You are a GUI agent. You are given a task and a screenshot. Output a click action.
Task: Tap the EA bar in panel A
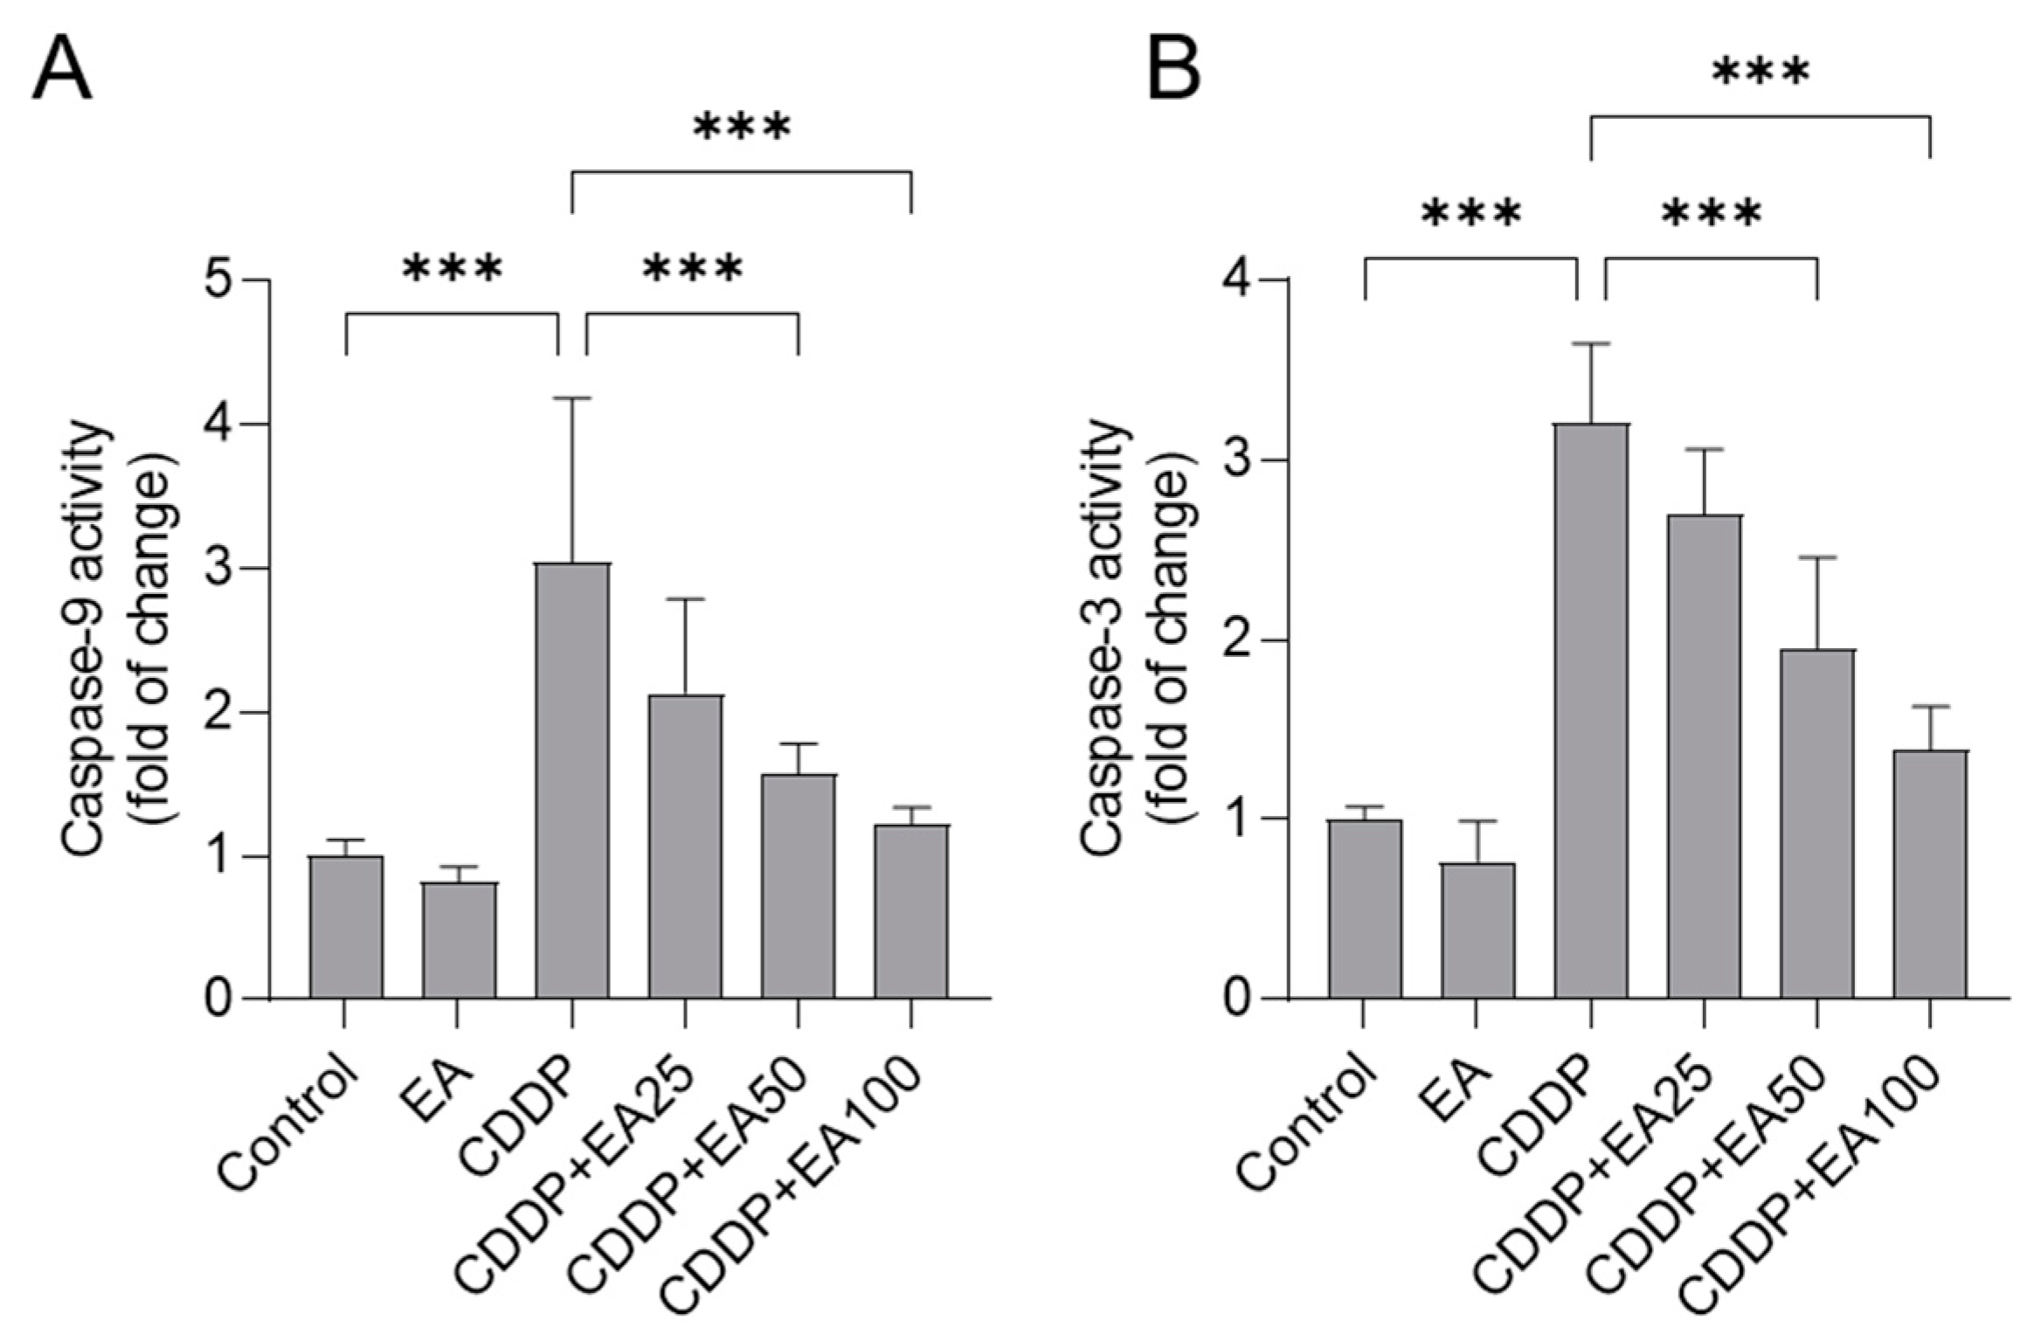(x=460, y=940)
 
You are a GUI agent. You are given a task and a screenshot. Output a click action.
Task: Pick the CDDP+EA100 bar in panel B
(x=1930, y=874)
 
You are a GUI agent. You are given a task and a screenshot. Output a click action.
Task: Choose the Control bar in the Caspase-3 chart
(x=1365, y=909)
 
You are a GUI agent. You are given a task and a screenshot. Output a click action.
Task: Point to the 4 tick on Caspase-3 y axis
(x=1240, y=281)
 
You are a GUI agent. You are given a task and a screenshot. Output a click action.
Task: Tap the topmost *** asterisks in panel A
(x=742, y=128)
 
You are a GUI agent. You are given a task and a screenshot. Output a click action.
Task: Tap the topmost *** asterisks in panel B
(x=1760, y=72)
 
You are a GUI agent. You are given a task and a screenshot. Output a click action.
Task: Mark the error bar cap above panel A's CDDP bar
(x=572, y=398)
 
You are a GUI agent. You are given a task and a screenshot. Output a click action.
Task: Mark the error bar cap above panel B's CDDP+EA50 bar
(x=1817, y=557)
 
